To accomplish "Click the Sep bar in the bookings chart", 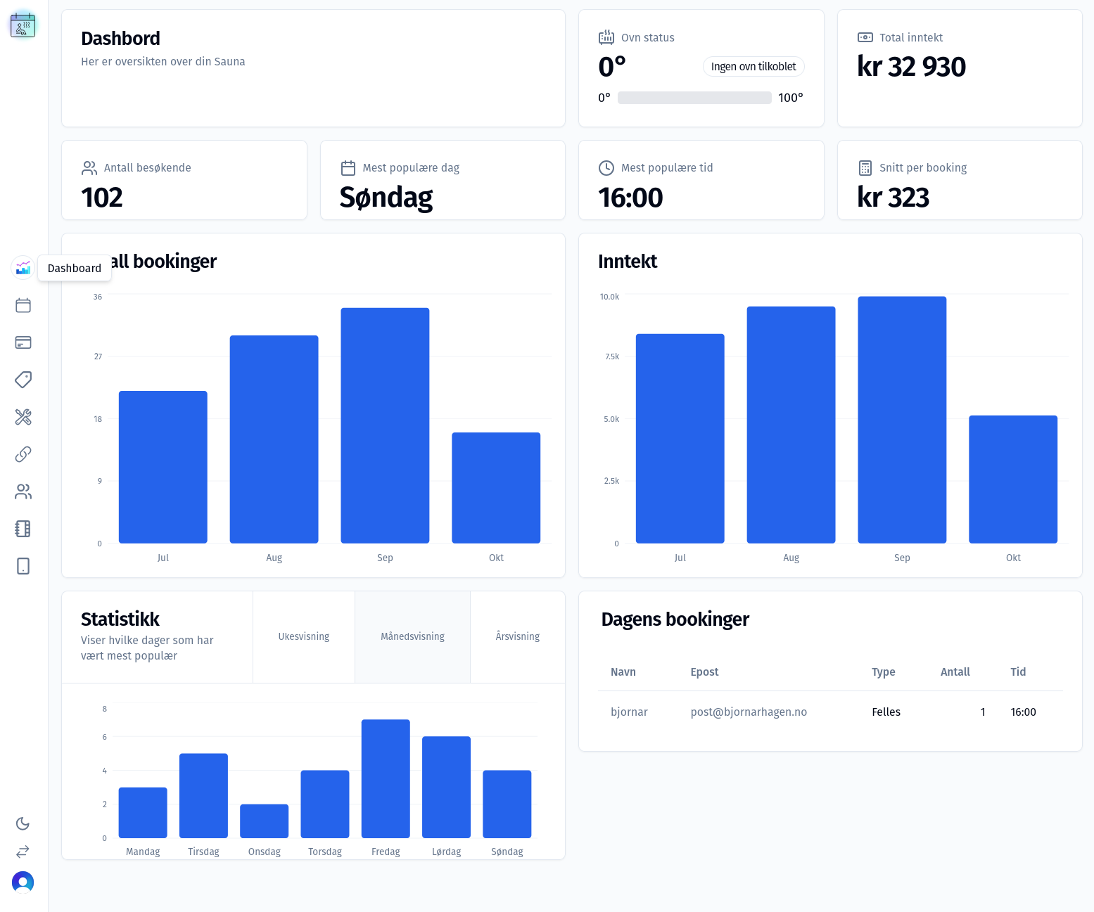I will (385, 425).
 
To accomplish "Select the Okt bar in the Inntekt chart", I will (1013, 479).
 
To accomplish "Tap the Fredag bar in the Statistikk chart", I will (386, 778).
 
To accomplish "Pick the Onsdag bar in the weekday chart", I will (264, 821).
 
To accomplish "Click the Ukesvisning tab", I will (304, 636).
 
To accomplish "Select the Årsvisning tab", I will (517, 636).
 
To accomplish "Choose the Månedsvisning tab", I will (412, 636).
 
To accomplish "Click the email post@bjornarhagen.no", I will (749, 712).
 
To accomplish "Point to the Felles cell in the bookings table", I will (886, 712).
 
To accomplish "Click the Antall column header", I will (955, 672).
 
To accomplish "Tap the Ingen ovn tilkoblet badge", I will (753, 66).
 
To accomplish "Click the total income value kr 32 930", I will (911, 67).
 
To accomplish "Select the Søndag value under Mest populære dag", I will (386, 198).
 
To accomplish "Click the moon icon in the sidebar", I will (23, 823).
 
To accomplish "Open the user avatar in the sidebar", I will (23, 882).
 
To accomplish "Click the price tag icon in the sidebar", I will (23, 380).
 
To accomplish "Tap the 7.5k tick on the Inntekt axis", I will (612, 357).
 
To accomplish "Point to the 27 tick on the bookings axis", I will (98, 357).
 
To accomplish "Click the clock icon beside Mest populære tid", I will (606, 168).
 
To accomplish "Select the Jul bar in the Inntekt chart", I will (680, 438).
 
